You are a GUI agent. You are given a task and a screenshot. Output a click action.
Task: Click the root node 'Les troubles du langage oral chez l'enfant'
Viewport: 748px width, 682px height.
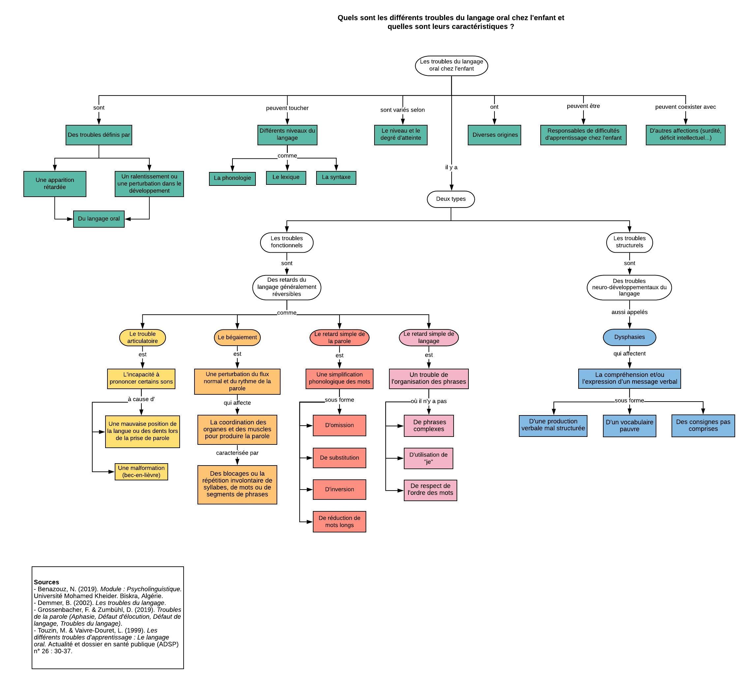(x=451, y=66)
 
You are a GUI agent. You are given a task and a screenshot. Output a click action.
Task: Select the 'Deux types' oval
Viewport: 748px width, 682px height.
(x=451, y=199)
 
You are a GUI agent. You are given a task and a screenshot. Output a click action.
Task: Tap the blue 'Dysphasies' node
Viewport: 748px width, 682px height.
(x=629, y=337)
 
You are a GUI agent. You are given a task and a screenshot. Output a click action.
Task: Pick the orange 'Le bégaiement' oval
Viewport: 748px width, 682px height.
(x=237, y=337)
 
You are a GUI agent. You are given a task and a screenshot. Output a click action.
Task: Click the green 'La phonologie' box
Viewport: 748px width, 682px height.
(x=232, y=178)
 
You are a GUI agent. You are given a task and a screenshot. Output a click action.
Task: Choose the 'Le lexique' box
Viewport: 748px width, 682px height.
(x=286, y=177)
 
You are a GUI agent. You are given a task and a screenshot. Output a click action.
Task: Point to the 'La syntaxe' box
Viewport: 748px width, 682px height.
(x=336, y=177)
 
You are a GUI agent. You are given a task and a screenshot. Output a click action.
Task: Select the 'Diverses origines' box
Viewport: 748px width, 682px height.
(x=494, y=135)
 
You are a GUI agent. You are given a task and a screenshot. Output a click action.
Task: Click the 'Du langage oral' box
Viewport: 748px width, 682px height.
(x=99, y=219)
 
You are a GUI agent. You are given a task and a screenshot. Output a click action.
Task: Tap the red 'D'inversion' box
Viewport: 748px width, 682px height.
(x=339, y=490)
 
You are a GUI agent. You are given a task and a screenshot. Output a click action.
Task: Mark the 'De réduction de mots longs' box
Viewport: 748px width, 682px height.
(x=339, y=522)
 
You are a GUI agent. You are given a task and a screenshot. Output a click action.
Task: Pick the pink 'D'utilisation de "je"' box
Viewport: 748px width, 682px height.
(x=428, y=458)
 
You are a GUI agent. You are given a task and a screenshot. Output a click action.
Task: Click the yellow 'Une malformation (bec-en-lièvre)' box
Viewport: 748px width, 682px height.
(x=141, y=472)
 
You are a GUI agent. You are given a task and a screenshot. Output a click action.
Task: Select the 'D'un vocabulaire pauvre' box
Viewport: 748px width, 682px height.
(x=629, y=426)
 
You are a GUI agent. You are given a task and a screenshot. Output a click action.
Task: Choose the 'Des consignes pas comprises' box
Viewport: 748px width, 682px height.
(x=703, y=425)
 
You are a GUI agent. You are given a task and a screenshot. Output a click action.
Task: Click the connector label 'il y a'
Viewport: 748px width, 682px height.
(x=451, y=167)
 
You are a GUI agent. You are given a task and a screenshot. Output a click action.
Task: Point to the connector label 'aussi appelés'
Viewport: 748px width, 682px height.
(x=629, y=312)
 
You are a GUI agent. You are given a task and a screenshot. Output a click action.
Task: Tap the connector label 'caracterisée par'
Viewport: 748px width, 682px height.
(x=237, y=453)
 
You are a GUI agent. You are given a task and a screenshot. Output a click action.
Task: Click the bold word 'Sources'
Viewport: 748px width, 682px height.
(x=46, y=582)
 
